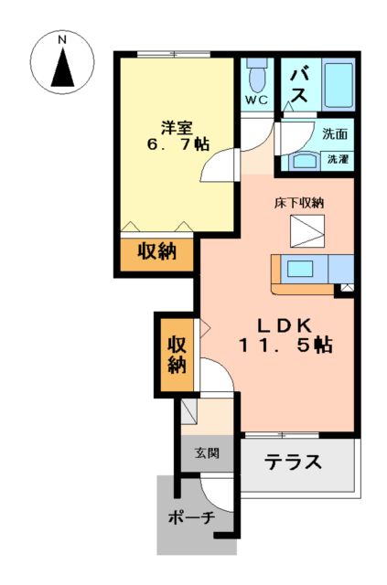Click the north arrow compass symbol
click(62, 69)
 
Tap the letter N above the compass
click(62, 40)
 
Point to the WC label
click(256, 101)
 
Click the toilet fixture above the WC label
click(256, 72)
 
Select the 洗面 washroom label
click(334, 133)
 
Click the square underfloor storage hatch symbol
click(303, 232)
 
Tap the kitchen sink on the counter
click(299, 269)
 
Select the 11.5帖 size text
click(286, 346)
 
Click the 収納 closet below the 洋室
click(156, 252)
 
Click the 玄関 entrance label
click(206, 452)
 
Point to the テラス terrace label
click(295, 463)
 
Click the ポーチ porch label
click(191, 518)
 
